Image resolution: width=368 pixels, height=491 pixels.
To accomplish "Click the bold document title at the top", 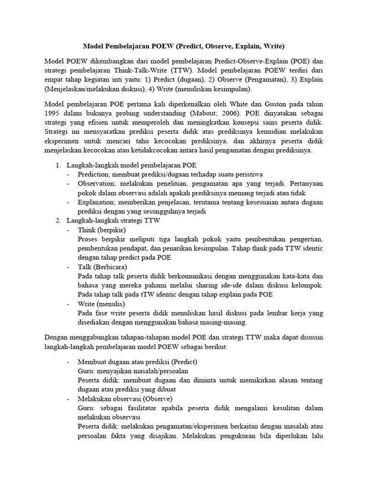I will (184, 47).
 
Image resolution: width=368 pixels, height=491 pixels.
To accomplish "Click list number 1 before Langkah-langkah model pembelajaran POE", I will (57, 165).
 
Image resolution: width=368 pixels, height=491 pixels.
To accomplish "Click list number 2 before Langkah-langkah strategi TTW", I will (57, 221).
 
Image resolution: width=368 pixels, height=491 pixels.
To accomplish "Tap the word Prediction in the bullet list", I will (94, 174).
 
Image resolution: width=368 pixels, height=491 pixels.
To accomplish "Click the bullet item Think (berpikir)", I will (102, 230).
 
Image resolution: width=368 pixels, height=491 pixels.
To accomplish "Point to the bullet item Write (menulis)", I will (101, 304).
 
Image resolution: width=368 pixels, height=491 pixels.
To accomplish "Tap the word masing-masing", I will (222, 322).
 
